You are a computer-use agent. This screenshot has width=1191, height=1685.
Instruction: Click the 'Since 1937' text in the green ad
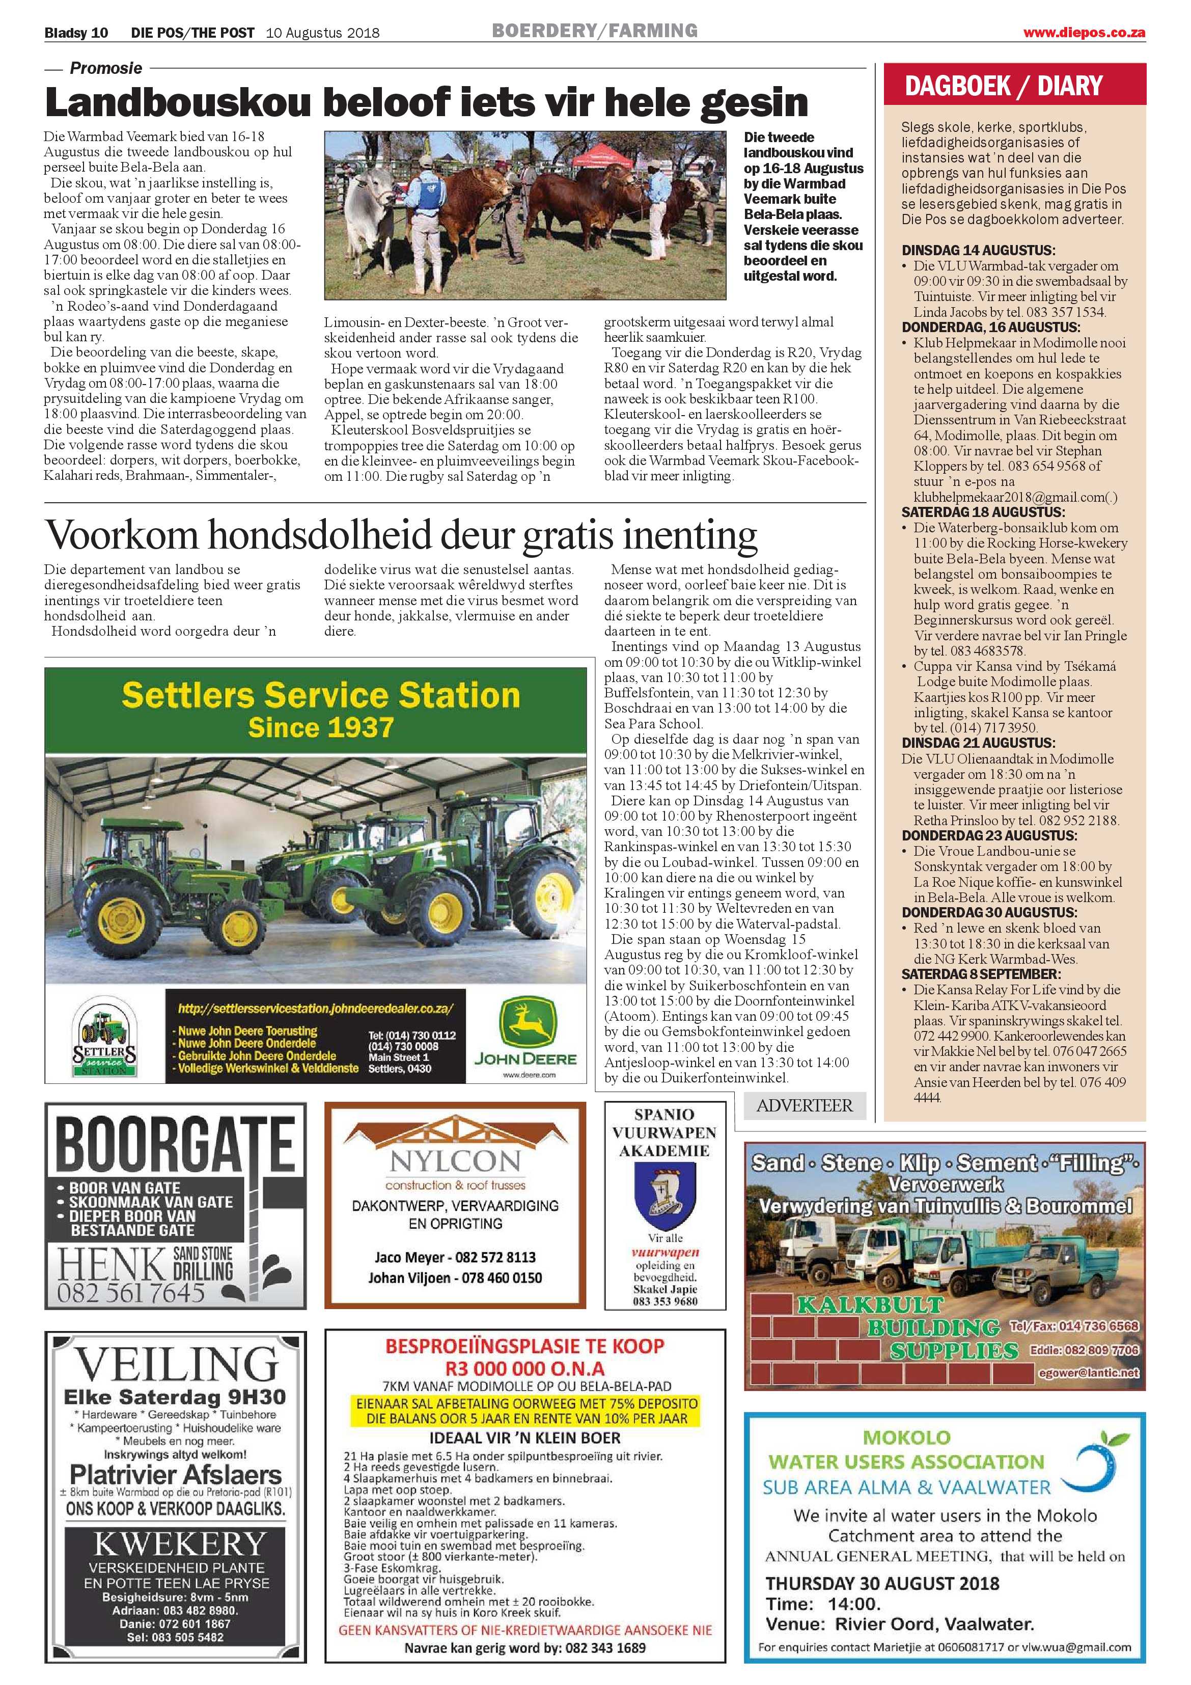(321, 727)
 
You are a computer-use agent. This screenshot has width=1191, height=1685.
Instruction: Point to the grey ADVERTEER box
(805, 1105)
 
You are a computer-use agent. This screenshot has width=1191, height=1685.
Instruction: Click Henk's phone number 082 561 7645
(131, 1292)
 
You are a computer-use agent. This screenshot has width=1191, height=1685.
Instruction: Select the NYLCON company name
(455, 1160)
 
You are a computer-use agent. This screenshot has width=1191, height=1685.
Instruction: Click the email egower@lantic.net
(1089, 1372)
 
